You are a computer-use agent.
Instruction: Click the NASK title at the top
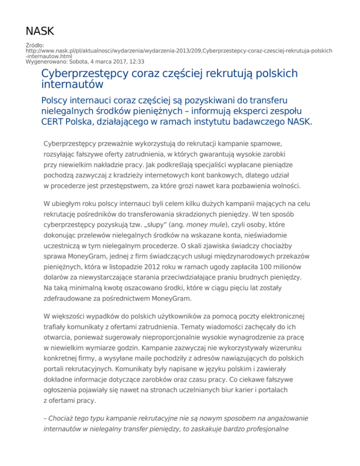click(x=40, y=31)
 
